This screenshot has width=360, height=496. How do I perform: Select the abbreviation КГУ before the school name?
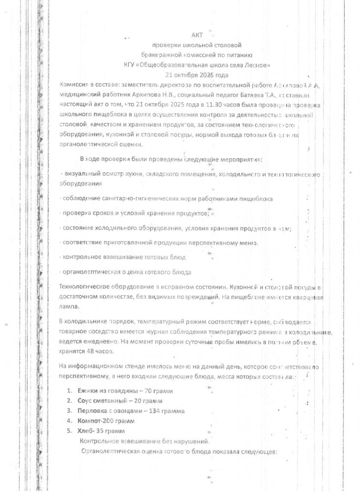coord(130,65)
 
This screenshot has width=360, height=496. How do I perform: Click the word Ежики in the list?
coord(88,391)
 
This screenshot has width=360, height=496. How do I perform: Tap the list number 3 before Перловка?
coord(70,410)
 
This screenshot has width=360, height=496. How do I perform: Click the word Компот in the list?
coord(90,421)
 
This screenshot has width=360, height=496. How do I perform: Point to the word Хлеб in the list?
coord(86,431)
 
